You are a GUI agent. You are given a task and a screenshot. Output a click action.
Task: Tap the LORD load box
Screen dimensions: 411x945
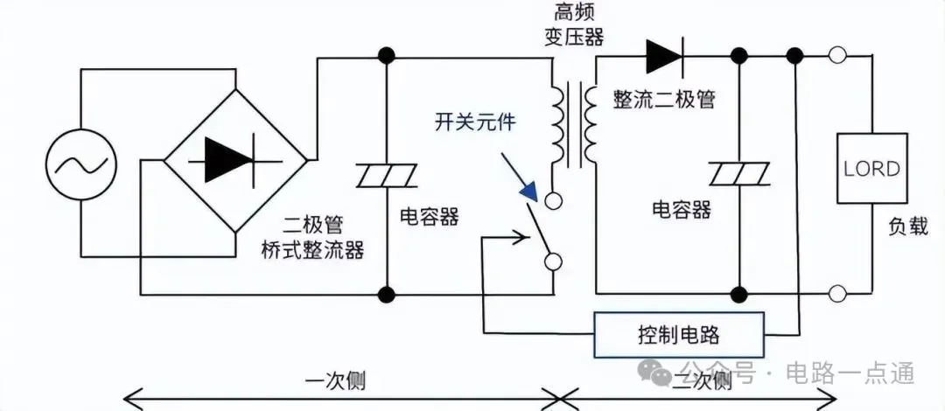(x=871, y=168)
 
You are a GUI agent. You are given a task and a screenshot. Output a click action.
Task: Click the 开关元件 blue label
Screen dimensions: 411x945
(x=475, y=122)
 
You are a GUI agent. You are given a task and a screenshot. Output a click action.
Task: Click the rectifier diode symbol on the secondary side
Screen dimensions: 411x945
(x=664, y=58)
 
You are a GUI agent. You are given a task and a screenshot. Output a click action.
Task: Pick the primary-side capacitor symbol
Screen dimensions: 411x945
(x=386, y=177)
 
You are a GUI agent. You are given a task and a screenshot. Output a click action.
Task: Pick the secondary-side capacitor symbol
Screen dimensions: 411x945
(x=739, y=175)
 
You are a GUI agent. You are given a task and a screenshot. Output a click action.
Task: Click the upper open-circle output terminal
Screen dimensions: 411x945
(x=837, y=58)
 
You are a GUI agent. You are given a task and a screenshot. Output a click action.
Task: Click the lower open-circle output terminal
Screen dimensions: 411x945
(x=837, y=293)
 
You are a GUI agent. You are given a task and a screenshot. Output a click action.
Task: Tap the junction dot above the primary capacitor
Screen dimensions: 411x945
(x=386, y=58)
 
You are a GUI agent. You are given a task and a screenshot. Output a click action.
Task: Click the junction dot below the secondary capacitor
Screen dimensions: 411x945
(x=739, y=293)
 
